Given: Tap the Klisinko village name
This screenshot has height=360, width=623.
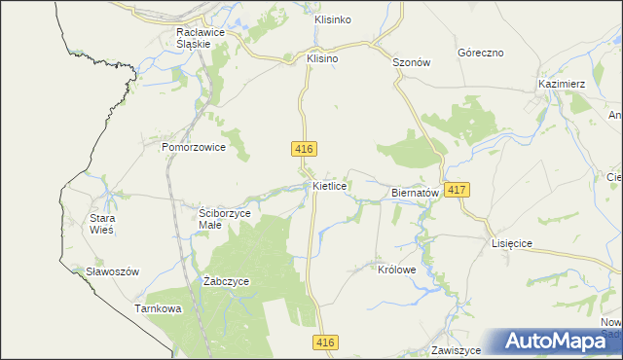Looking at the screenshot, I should pyautogui.click(x=333, y=19).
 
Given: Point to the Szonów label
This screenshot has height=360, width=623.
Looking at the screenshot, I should pyautogui.click(x=411, y=61).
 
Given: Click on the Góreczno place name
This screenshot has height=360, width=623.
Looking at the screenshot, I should pyautogui.click(x=483, y=54).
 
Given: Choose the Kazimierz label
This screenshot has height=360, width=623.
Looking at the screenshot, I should pyautogui.click(x=561, y=85).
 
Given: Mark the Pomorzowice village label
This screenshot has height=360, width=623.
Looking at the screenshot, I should pyautogui.click(x=194, y=147).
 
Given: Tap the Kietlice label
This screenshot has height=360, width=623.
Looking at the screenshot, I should pyautogui.click(x=331, y=184).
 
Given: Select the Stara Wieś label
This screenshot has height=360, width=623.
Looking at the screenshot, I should pyautogui.click(x=102, y=225).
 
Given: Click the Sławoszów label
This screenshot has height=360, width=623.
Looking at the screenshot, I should pyautogui.click(x=107, y=271).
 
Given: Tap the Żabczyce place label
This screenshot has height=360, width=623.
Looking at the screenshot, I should pyautogui.click(x=227, y=281).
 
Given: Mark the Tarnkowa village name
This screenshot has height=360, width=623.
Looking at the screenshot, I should pyautogui.click(x=159, y=308).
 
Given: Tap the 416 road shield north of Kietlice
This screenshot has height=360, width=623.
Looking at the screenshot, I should pyautogui.click(x=303, y=148).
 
